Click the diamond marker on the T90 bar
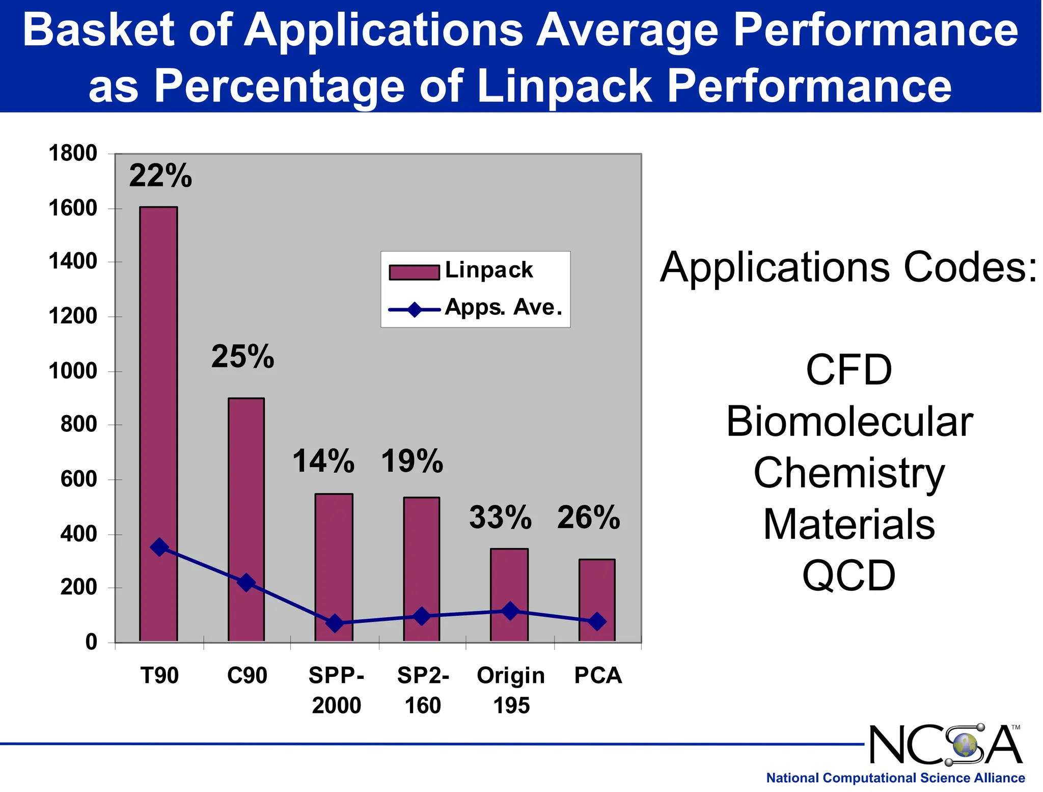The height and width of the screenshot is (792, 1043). point(159,548)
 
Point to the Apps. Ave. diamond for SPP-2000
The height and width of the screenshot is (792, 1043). point(335,623)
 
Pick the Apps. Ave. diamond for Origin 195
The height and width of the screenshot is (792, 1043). point(510,611)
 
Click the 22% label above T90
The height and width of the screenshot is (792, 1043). point(160,176)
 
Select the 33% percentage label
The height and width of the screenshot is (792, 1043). point(500,517)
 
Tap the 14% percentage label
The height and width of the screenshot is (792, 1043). point(323,461)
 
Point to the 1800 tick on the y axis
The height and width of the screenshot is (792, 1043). point(72,153)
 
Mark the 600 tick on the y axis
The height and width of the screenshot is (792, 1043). point(78,479)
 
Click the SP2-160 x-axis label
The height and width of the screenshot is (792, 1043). point(423,690)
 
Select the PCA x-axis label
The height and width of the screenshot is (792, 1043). point(598,675)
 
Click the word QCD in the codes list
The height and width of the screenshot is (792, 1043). point(848,576)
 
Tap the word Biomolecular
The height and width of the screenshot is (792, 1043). point(849,422)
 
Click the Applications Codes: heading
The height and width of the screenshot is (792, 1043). point(848,267)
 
